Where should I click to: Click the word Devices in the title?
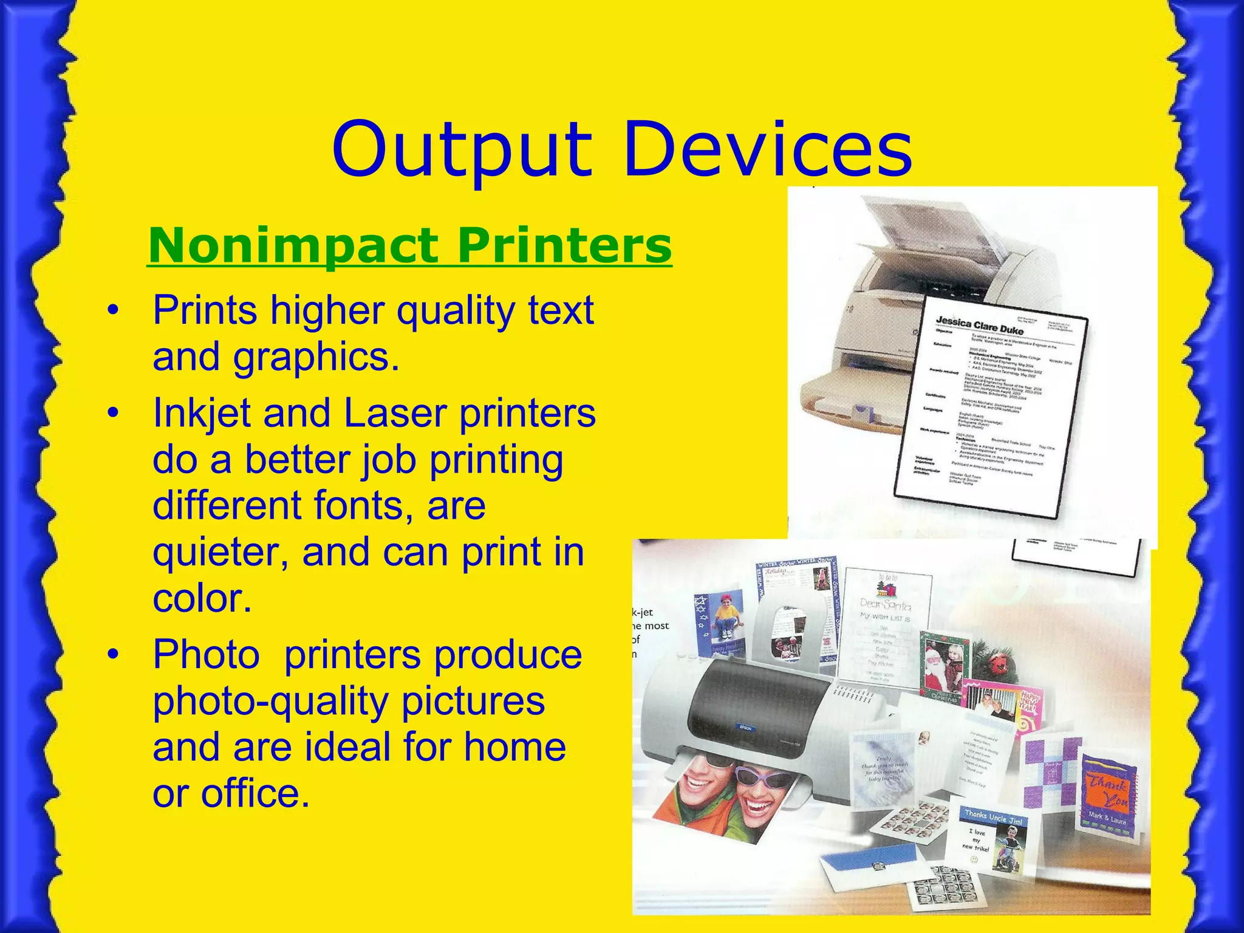point(768,149)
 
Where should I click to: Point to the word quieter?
point(222,553)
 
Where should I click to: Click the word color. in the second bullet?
point(202,599)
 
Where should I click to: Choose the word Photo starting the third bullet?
point(206,655)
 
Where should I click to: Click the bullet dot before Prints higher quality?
point(112,311)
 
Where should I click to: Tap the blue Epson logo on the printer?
point(746,727)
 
